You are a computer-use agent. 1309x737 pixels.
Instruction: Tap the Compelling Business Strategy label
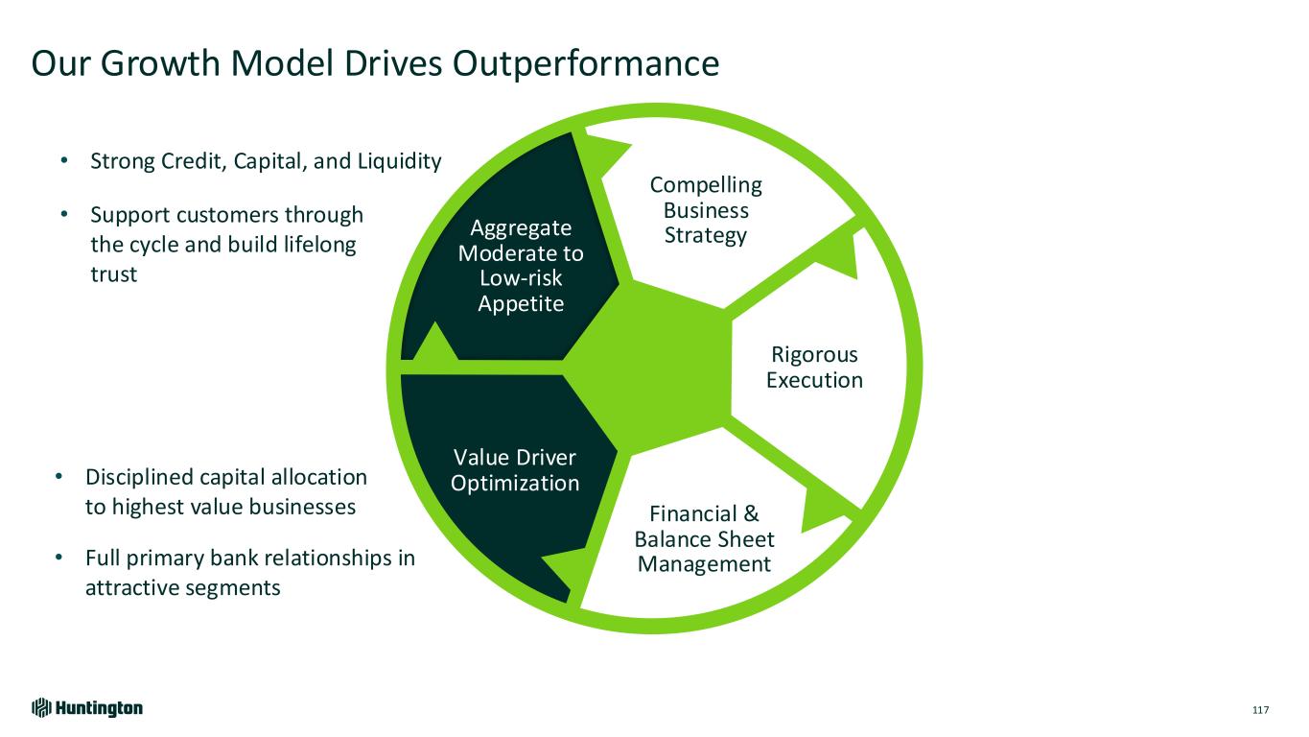[x=706, y=210]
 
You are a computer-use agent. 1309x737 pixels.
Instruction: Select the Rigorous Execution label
[x=814, y=368]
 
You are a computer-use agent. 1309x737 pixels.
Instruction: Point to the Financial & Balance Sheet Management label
[x=704, y=539]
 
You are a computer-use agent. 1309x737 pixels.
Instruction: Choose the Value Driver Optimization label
[x=514, y=470]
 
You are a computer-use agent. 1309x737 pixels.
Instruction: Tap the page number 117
[x=1260, y=709]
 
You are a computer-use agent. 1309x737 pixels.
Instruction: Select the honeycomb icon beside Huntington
[x=41, y=708]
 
